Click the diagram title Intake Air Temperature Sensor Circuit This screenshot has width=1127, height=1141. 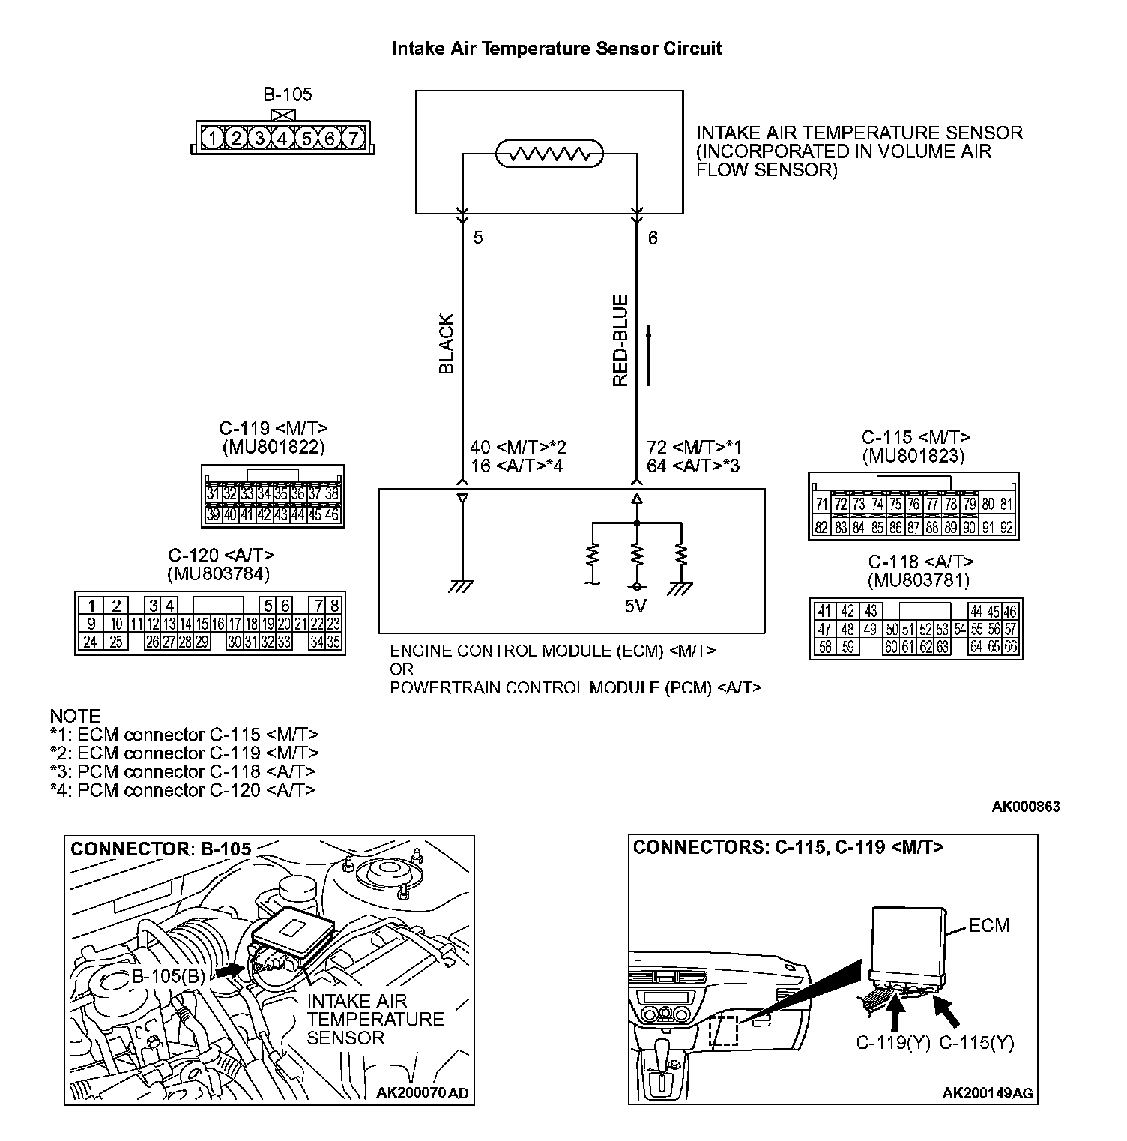coord(557,49)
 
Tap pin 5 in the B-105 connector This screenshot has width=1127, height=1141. coord(306,139)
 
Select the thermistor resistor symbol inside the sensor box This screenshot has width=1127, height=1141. coord(549,154)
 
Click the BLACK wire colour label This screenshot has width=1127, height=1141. coord(447,344)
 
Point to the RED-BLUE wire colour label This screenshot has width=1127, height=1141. coord(620,341)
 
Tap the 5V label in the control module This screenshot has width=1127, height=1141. coord(635,606)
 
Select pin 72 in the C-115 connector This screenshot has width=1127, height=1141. coord(841,505)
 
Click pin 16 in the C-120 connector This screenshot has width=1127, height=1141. coord(217,624)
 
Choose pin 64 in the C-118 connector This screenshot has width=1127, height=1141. coord(976,646)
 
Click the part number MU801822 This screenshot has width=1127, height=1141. coord(274,448)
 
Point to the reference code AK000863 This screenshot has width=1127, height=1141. coord(1026,807)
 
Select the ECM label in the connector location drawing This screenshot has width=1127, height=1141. coord(989,926)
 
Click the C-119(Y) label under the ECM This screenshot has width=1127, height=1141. coord(893,1043)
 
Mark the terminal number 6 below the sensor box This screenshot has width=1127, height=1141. coord(653,238)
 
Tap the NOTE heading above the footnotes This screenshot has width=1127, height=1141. coord(75,716)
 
